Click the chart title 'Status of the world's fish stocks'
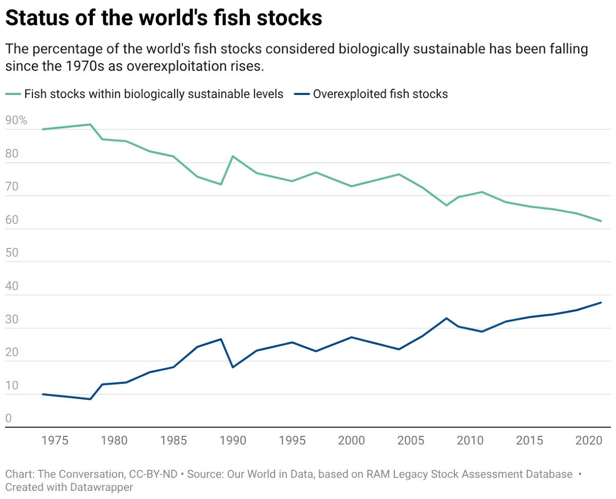(164, 19)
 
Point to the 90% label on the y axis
(16, 121)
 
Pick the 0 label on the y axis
(8, 418)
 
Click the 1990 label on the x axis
(233, 441)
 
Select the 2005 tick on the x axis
(411, 441)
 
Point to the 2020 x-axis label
(588, 441)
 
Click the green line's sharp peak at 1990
(233, 156)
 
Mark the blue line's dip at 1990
(233, 367)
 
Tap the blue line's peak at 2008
(446, 318)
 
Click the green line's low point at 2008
(446, 205)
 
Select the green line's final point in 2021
(601, 221)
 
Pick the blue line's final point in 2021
(601, 302)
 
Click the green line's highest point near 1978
(90, 124)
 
